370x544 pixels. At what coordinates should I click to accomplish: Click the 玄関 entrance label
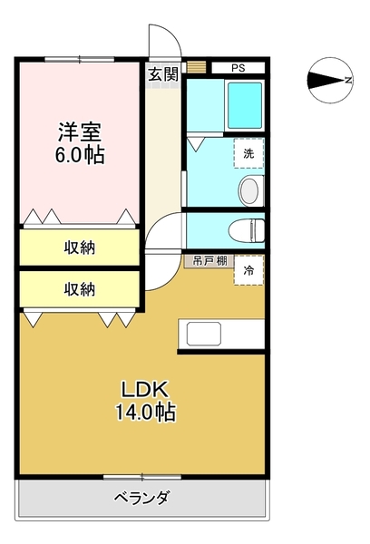point(163,73)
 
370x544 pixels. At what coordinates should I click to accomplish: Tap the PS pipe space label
point(238,67)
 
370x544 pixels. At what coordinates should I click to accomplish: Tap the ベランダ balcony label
point(141,497)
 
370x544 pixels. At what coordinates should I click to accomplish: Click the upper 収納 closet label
point(80,247)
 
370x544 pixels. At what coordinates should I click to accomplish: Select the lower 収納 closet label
point(80,289)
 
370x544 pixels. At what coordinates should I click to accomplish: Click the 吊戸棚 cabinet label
point(207,260)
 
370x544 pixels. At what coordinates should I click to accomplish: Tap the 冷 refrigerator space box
point(248,270)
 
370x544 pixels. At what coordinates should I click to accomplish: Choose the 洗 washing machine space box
point(248,153)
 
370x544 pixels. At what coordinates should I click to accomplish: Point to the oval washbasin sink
point(248,190)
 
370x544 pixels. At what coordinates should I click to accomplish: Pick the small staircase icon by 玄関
point(197,67)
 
